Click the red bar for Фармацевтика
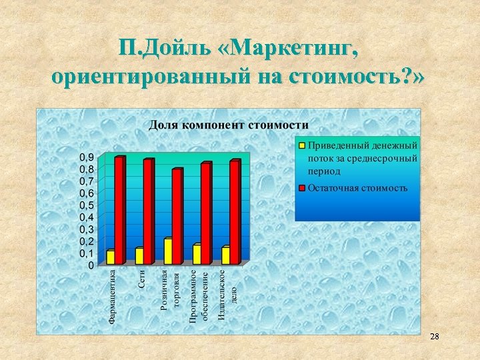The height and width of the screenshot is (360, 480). pyautogui.click(x=119, y=211)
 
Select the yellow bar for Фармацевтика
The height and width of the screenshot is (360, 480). pyautogui.click(x=111, y=257)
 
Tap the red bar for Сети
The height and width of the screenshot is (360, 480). pyautogui.click(x=148, y=212)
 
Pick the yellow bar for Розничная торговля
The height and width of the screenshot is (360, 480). pyautogui.click(x=168, y=251)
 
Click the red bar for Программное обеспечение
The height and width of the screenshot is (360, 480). pyautogui.click(x=205, y=213)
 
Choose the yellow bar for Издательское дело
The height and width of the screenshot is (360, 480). pyautogui.click(x=225, y=256)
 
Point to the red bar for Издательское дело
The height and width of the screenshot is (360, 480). pyautogui.click(x=234, y=212)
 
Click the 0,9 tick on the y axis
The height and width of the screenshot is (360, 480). pyautogui.click(x=87, y=157)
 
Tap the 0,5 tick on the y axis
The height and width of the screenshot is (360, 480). pyautogui.click(x=87, y=205)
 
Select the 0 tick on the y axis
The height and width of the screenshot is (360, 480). pyautogui.click(x=91, y=265)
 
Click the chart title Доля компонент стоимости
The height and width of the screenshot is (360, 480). pyautogui.click(x=228, y=125)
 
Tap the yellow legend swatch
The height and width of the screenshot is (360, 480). pyautogui.click(x=301, y=145)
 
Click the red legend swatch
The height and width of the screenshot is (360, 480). pyautogui.click(x=301, y=188)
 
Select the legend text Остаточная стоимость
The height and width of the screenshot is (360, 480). pyautogui.click(x=357, y=188)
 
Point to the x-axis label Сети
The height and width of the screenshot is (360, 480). pyautogui.click(x=142, y=279)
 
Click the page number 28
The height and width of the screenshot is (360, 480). pyautogui.click(x=435, y=337)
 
